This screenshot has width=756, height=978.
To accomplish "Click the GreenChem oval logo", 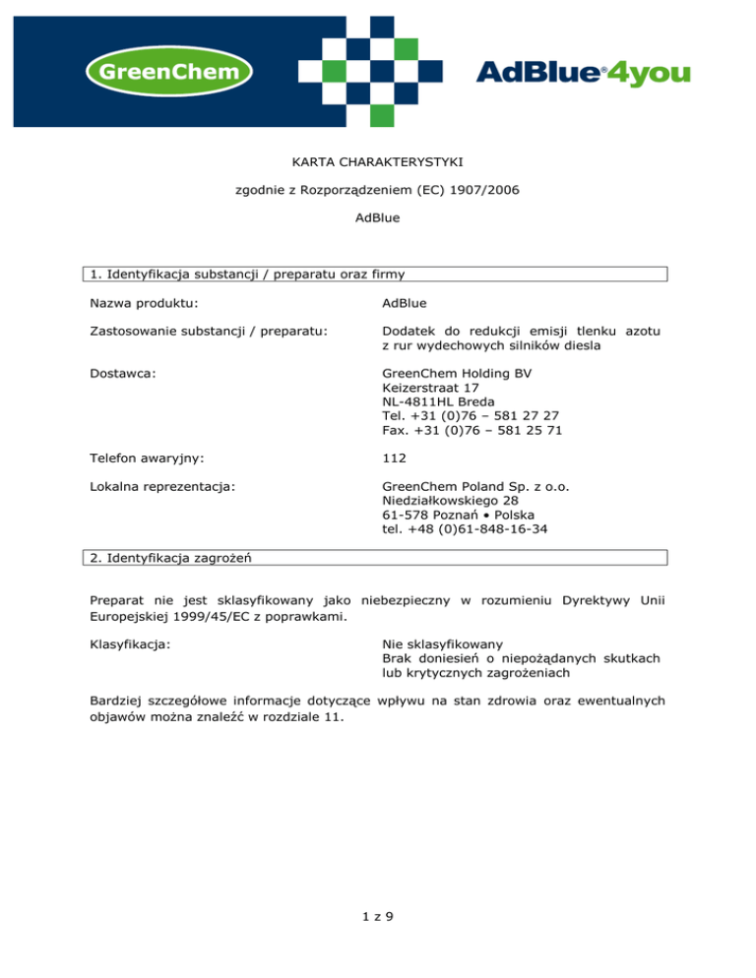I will (168, 73).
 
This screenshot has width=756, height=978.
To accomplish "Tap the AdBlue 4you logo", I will (583, 73).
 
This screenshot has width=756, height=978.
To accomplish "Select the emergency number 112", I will (393, 458).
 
